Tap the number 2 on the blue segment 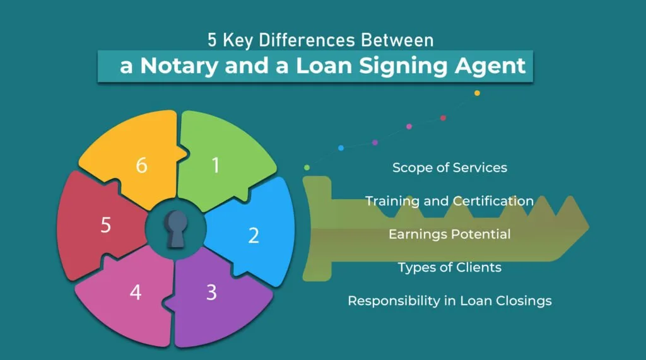tap(254, 235)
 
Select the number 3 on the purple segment tap(211, 292)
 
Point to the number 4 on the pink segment tap(135, 293)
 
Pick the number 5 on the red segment tap(106, 225)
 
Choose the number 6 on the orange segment tap(142, 166)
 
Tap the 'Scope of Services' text tap(449, 168)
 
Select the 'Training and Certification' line tap(449, 201)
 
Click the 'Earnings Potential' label tap(449, 234)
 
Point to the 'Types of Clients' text tap(449, 267)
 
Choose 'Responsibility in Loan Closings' tap(449, 301)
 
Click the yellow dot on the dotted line tap(477, 93)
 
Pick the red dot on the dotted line tap(443, 118)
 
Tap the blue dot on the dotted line tap(341, 148)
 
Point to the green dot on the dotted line tap(307, 167)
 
